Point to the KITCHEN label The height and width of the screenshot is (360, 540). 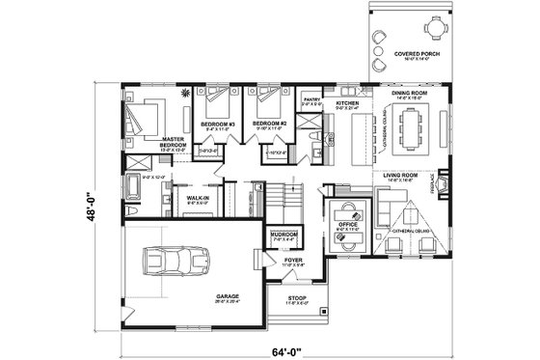coord(347,101)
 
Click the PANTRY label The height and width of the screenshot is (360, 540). coord(310,97)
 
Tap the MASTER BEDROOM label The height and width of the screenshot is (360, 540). coord(174,142)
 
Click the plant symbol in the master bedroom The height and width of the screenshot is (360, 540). coord(185,91)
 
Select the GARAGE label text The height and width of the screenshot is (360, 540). coord(228,296)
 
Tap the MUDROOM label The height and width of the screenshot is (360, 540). coord(283,234)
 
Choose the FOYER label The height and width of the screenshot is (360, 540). coord(294,260)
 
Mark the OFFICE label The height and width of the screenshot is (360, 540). coord(348,223)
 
